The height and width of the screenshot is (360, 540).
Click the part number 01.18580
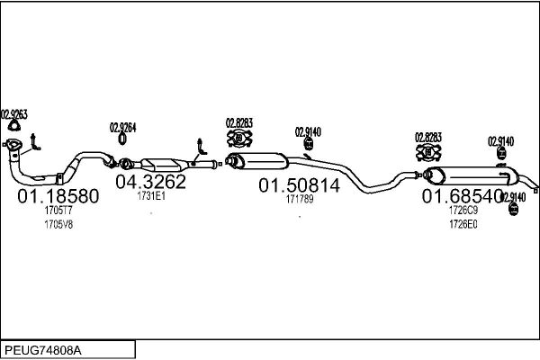pos(58,196)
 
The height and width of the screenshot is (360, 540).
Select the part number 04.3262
pos(150,182)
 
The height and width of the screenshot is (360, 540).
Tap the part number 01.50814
pos(300,185)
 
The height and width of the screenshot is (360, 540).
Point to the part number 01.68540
pos(463,196)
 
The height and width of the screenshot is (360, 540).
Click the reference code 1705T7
pos(58,210)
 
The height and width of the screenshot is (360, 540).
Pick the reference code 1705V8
pos(58,225)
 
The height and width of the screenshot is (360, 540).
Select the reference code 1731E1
pos(151,196)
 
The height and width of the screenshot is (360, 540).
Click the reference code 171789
pos(300,199)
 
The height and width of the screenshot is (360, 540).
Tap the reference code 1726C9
pos(463,210)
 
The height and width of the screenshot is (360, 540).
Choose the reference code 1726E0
pos(463,225)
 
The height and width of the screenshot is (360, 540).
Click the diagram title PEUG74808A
pos(43,351)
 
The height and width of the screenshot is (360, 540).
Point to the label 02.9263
pos(14,114)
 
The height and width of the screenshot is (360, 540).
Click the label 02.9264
pos(122,128)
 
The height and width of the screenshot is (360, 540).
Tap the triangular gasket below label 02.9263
pos(13,126)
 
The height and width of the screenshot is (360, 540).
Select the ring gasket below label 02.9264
pos(122,139)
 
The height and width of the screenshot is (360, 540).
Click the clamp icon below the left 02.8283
pos(239,139)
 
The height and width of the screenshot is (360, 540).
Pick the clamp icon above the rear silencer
pos(428,153)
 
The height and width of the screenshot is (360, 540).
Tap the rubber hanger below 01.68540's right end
pos(513,209)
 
